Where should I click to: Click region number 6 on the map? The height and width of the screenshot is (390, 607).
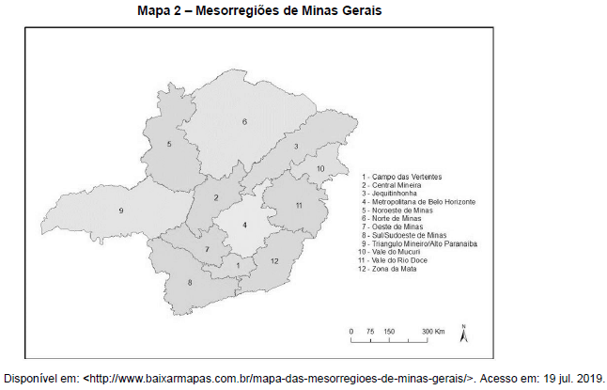coord(244,122)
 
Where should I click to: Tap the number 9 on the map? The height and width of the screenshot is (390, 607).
coord(121,210)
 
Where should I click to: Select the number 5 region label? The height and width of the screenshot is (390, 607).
coord(169,144)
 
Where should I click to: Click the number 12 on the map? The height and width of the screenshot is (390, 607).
coord(275,260)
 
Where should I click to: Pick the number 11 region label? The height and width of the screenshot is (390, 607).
coord(298,205)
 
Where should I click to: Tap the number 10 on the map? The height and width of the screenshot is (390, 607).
coord(320,168)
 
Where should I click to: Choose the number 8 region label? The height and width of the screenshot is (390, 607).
coord(190,282)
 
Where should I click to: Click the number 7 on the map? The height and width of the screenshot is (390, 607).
coord(208,249)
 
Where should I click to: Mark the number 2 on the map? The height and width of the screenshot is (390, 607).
coord(216,197)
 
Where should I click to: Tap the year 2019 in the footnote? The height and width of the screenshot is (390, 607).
coord(588,378)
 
